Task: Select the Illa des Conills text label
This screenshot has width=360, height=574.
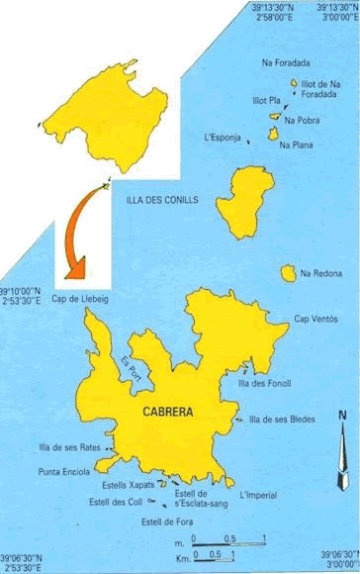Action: [162, 200]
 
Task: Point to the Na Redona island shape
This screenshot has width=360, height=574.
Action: [289, 271]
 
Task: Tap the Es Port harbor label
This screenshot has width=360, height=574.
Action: [130, 365]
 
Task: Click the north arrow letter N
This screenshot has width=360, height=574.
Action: [342, 416]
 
